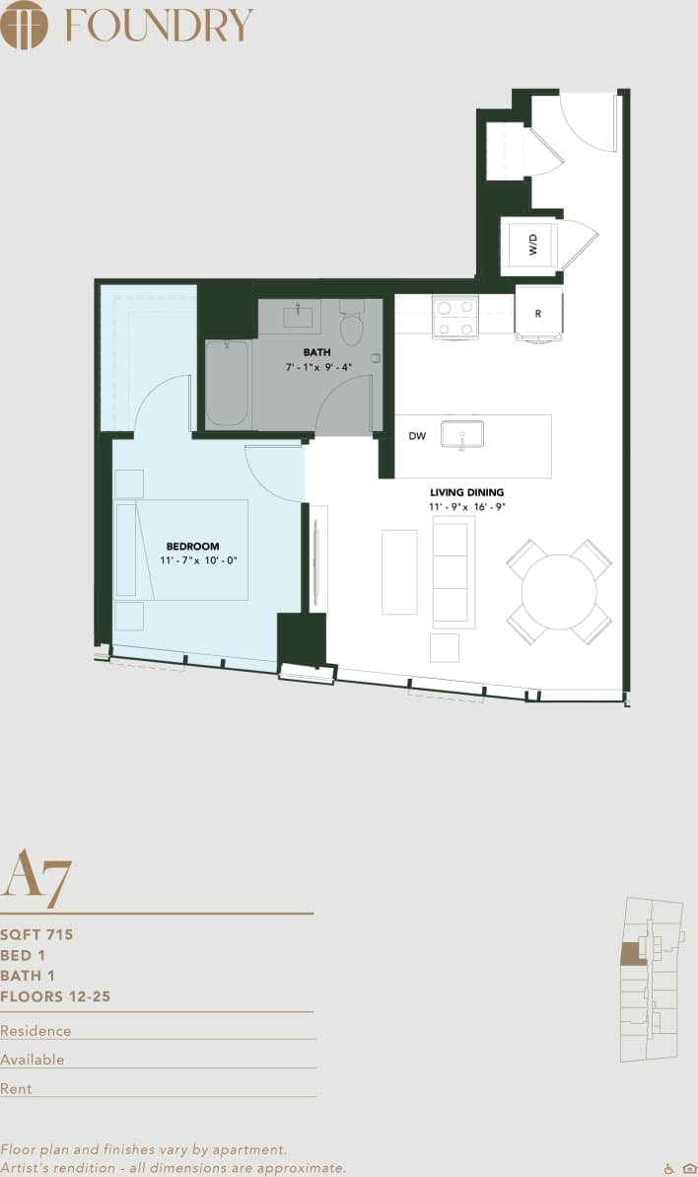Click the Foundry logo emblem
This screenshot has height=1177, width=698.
coord(25,25)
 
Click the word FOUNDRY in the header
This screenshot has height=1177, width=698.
coord(159,26)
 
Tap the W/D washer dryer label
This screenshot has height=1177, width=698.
coord(532,246)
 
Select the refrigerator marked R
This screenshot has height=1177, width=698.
coord(538,313)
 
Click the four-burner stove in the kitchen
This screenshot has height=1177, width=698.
coord(454,318)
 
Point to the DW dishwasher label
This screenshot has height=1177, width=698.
coord(418,436)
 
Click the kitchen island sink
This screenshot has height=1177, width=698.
coord(461,434)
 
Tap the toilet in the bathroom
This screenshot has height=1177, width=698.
coord(352,325)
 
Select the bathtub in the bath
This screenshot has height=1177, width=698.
coord(227,383)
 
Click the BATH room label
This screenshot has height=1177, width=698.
coord(317,352)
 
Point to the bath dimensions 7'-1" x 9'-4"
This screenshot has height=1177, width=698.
coord(317,368)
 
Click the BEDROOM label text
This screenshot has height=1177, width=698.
coord(192,546)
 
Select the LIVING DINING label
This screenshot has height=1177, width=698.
coord(467,491)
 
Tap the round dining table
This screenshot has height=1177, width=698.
coord(559,592)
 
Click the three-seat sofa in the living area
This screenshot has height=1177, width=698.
coord(454,571)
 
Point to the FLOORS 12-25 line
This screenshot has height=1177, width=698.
coord(56,996)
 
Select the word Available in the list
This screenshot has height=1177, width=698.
coord(33,1060)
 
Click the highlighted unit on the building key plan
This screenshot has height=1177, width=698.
coord(629,953)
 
